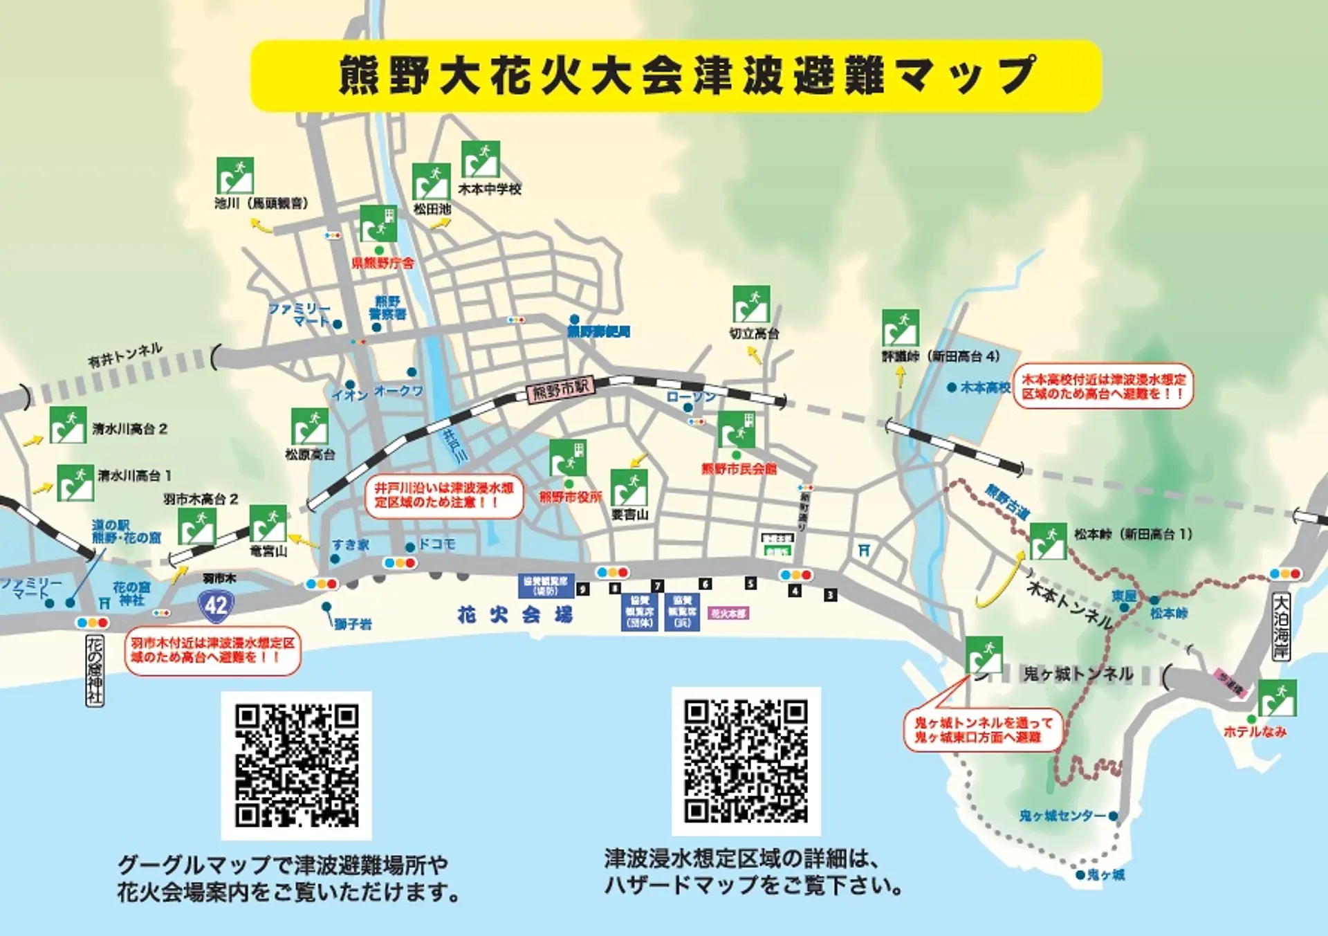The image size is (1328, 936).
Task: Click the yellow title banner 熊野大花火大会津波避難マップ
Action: coord(675,75)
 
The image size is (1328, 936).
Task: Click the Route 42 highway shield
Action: coord(216,605)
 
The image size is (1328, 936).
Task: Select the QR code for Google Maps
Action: coord(297,765)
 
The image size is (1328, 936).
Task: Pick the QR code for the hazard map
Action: coord(746,761)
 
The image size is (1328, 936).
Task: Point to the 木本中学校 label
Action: coord(490,189)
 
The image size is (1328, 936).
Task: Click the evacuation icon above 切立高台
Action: coord(751,304)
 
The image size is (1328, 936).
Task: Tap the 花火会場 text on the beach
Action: coord(515,614)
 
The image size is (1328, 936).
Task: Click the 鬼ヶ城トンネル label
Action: coord(1078,673)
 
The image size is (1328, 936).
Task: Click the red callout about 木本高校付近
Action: coord(1104,386)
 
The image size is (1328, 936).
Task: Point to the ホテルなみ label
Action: coord(1255,731)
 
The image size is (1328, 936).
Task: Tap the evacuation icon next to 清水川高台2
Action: coord(68,425)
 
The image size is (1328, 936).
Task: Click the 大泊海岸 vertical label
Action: coord(1281,626)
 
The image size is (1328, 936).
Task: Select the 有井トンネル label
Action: coord(125,354)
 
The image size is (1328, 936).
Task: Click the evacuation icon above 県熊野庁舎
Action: coord(378,223)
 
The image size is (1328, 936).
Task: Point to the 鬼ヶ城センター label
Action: coord(1062,816)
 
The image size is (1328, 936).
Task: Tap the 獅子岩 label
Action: coord(353,625)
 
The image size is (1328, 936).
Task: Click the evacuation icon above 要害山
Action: coord(629,488)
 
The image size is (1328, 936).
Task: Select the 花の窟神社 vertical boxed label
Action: coord(94,670)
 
